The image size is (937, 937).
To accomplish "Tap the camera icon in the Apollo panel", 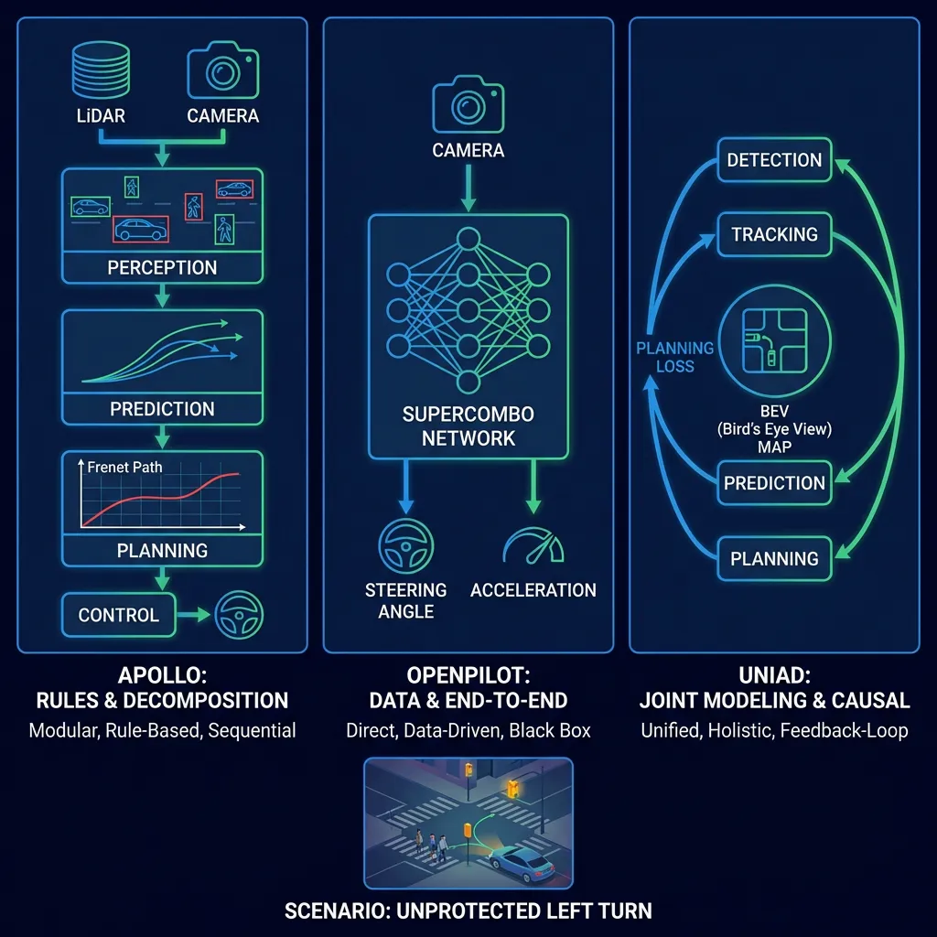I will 222,70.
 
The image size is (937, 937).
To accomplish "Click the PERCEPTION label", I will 162,268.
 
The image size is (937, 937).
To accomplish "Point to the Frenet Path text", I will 124,467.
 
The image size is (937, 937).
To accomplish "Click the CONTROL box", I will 118,615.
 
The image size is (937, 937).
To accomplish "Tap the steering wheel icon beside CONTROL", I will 239,615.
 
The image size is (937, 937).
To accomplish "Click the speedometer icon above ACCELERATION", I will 533,546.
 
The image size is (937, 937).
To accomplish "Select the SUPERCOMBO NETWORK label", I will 468,425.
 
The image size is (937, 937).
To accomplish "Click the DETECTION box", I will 774,160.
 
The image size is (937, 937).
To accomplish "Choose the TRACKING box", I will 774,235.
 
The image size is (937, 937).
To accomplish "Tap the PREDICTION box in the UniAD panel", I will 774,483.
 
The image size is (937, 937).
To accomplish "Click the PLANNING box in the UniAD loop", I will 774,558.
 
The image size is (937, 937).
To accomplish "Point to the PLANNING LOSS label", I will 675,357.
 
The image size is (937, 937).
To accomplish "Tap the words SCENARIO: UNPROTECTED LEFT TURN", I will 468,910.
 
